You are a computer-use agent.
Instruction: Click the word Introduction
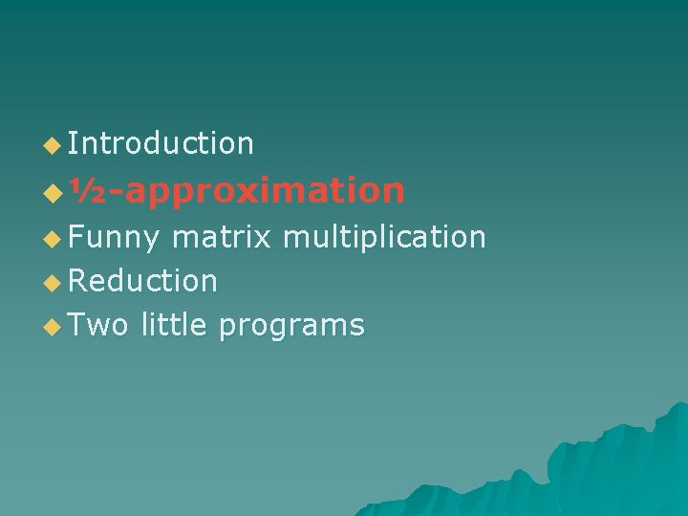(x=161, y=143)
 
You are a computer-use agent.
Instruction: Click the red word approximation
(x=263, y=192)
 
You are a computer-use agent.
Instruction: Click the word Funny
(x=114, y=237)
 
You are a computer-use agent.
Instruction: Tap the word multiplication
(x=385, y=237)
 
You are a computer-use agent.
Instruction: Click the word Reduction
(x=143, y=281)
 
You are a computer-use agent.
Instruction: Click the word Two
(x=98, y=325)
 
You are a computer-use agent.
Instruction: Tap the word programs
(x=291, y=327)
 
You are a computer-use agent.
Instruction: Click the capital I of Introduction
(x=72, y=143)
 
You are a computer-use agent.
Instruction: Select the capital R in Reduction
(x=77, y=281)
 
